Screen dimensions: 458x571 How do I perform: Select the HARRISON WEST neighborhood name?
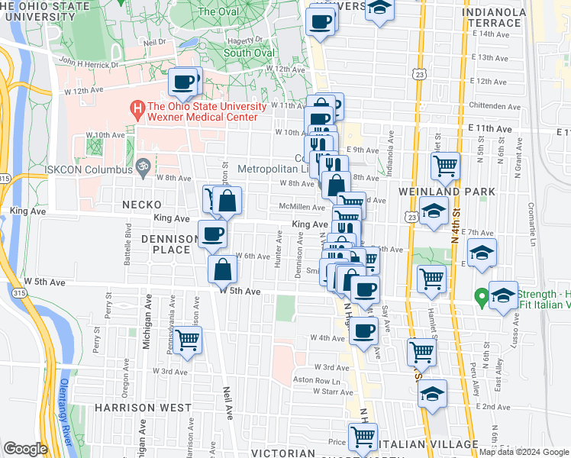tap(144, 408)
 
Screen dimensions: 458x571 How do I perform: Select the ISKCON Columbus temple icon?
tap(141, 164)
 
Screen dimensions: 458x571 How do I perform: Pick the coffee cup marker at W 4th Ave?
tap(364, 331)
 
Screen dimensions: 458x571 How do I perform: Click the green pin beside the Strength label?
tap(481, 295)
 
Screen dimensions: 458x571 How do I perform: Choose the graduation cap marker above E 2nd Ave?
tap(433, 395)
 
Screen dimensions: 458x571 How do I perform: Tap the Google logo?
tap(26, 449)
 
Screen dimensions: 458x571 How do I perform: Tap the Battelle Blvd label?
tap(128, 244)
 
